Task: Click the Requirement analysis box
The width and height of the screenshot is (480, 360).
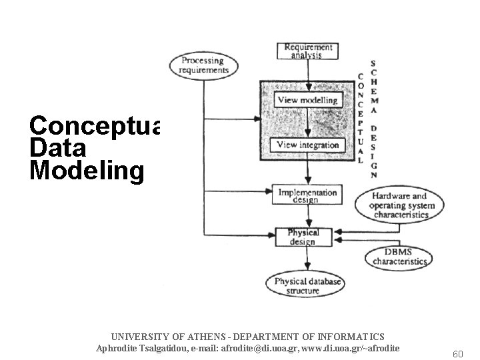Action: click(307, 51)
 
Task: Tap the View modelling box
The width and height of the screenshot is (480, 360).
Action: click(307, 100)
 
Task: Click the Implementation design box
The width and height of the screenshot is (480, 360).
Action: click(307, 194)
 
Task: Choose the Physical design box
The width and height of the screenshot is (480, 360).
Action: click(303, 237)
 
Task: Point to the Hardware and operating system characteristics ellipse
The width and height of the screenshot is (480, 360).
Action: click(399, 205)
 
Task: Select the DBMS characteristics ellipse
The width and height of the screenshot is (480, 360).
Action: click(399, 257)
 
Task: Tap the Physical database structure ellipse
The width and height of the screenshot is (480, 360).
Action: click(307, 286)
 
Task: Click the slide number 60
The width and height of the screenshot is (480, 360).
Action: click(457, 353)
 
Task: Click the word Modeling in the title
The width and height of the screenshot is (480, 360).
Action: click(86, 170)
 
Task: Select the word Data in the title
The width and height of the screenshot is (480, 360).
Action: click(58, 148)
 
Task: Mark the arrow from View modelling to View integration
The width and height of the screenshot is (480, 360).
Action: click(307, 123)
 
